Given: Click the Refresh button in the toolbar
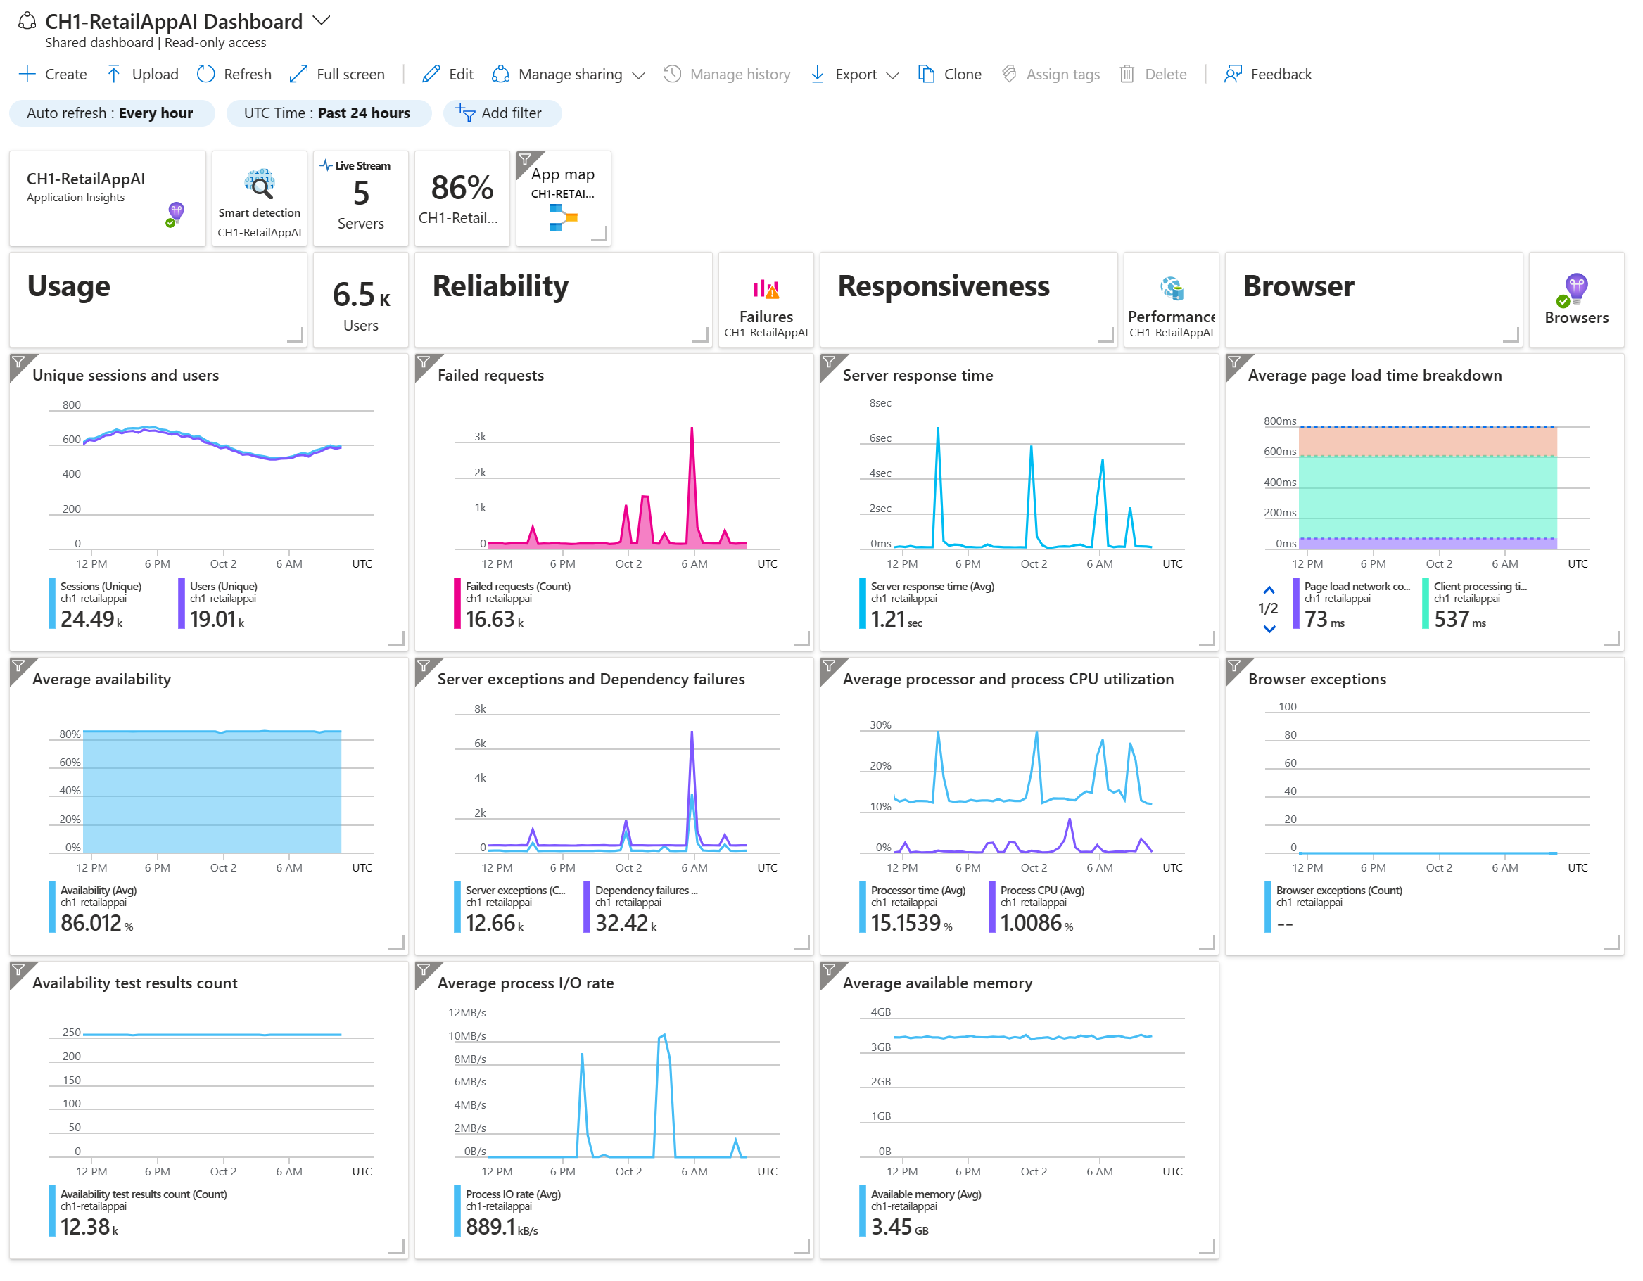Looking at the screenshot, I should pos(234,74).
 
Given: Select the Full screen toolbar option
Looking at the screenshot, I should pos(337,74).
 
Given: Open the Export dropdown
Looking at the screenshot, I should pos(856,74).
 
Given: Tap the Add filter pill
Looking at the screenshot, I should pos(501,113).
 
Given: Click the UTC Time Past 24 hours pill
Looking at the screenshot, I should pos(328,113).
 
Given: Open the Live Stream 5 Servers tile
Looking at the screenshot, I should pos(360,198).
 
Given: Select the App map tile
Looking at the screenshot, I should pos(564,198).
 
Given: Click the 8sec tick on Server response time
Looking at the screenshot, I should pos(880,403).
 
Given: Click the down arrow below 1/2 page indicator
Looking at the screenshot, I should pos(1269,629).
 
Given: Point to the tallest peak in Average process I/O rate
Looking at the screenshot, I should pos(663,1035).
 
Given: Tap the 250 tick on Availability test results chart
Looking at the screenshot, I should pos(72,1032).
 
